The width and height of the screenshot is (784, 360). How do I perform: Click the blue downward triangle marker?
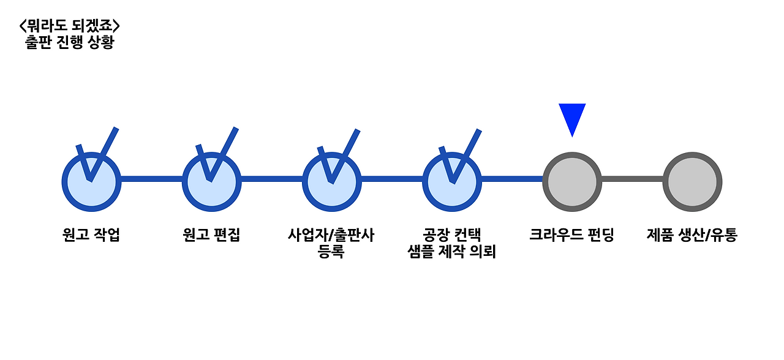click(572, 118)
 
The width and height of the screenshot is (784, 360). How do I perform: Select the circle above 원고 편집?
click(211, 182)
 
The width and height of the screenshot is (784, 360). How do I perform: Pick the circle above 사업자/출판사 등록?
click(331, 182)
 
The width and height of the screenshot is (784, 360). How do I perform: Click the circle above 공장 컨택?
click(451, 182)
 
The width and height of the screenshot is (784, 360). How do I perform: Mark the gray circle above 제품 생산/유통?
click(692, 182)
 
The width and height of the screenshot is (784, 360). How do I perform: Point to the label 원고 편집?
click(211, 235)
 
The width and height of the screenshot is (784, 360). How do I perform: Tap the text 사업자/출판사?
click(331, 235)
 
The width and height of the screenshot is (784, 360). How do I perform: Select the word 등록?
click(331, 251)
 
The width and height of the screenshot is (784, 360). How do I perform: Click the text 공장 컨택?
click(451, 235)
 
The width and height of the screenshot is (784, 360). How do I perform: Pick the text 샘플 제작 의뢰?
click(451, 251)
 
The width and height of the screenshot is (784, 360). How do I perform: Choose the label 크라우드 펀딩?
click(571, 235)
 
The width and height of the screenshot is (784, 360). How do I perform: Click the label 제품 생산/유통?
click(692, 235)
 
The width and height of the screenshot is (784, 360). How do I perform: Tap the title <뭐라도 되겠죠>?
click(69, 26)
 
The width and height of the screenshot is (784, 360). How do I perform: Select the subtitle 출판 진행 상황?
click(69, 43)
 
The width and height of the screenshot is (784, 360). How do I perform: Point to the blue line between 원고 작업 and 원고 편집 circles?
click(151, 179)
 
